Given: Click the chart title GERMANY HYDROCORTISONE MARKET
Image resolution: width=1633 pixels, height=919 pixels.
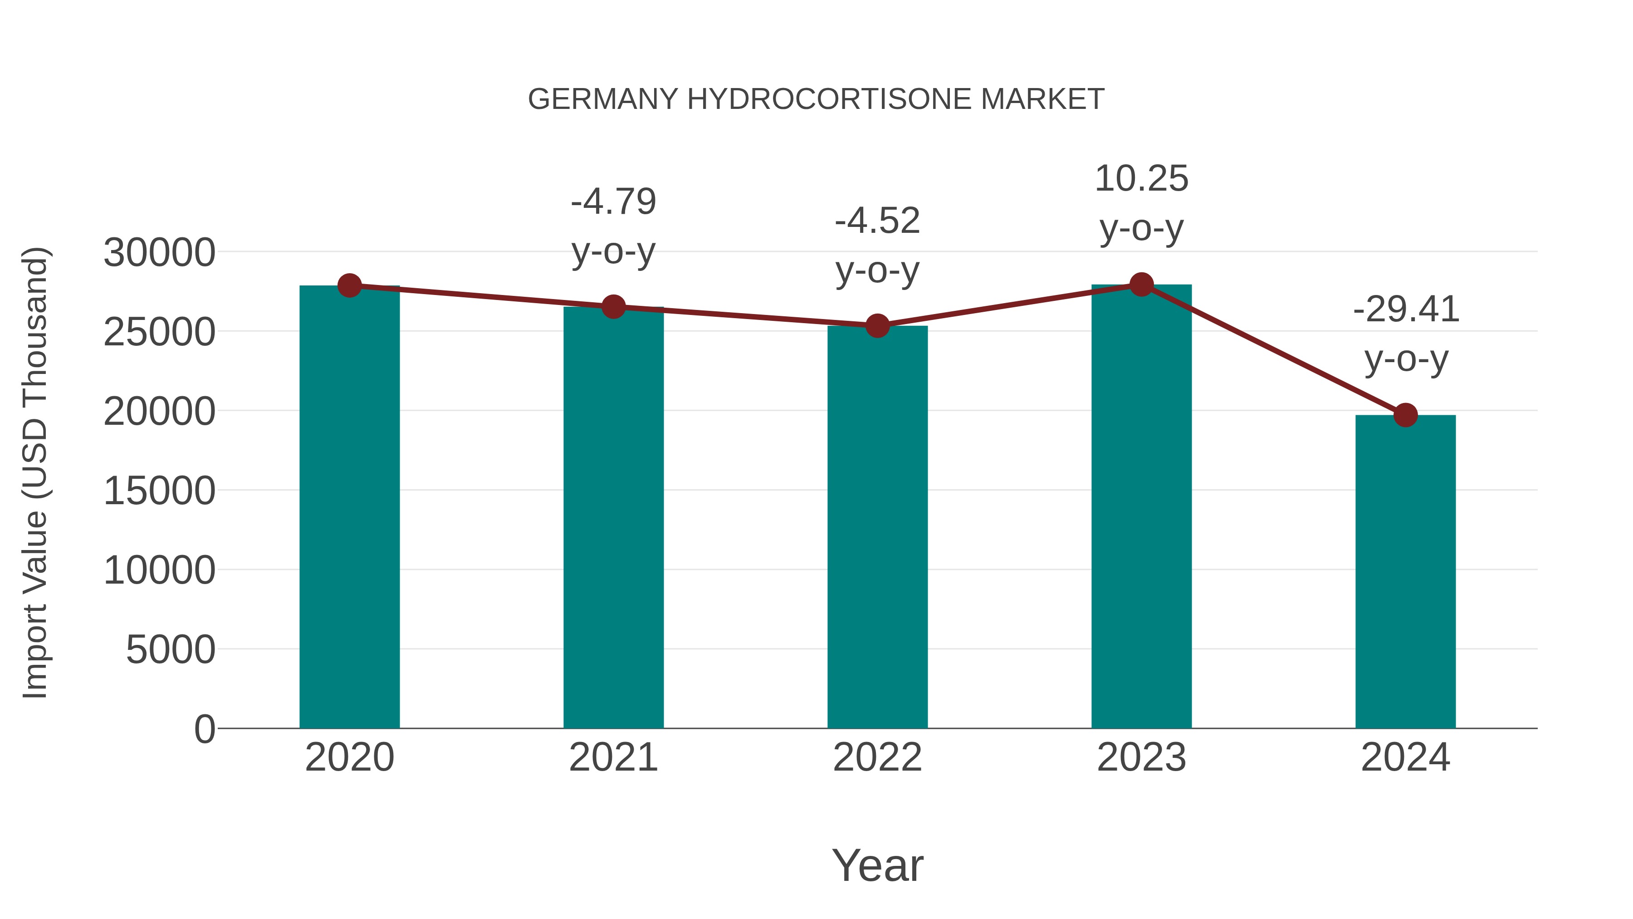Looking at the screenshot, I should (x=816, y=99).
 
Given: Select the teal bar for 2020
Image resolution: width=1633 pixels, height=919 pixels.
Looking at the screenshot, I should (x=349, y=507).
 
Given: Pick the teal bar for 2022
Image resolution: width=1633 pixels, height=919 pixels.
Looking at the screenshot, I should (x=877, y=526).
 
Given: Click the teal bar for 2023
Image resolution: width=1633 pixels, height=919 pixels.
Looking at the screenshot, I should (x=1141, y=507).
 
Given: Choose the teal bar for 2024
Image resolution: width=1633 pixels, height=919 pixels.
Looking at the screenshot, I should (x=1405, y=571).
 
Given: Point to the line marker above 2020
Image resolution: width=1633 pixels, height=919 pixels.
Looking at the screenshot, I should (x=349, y=285).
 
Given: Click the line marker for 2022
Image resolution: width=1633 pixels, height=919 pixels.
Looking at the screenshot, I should (x=877, y=326).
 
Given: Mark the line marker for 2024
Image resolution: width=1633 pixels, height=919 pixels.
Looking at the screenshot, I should (x=1405, y=415).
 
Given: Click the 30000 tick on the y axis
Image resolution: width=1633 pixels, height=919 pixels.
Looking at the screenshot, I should (x=159, y=252).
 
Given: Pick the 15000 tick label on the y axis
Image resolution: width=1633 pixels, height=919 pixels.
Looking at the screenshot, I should (x=159, y=491).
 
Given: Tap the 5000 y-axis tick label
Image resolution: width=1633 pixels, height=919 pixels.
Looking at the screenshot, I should (x=171, y=650).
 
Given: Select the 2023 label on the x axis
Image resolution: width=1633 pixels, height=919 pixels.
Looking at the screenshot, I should (x=1141, y=757).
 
